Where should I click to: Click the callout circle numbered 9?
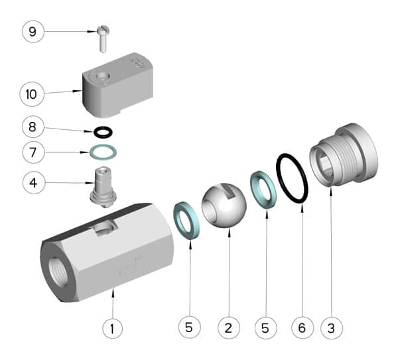33,31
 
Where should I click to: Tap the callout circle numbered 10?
31,93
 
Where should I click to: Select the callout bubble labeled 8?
33,125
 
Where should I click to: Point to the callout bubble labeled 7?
33,152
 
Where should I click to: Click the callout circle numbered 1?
112,327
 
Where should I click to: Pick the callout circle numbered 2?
228,327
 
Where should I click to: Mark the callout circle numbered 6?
302,327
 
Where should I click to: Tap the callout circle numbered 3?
332,327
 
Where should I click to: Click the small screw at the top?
102,38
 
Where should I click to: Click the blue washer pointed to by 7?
103,152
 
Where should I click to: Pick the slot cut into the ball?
229,192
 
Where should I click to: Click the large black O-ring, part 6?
292,178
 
